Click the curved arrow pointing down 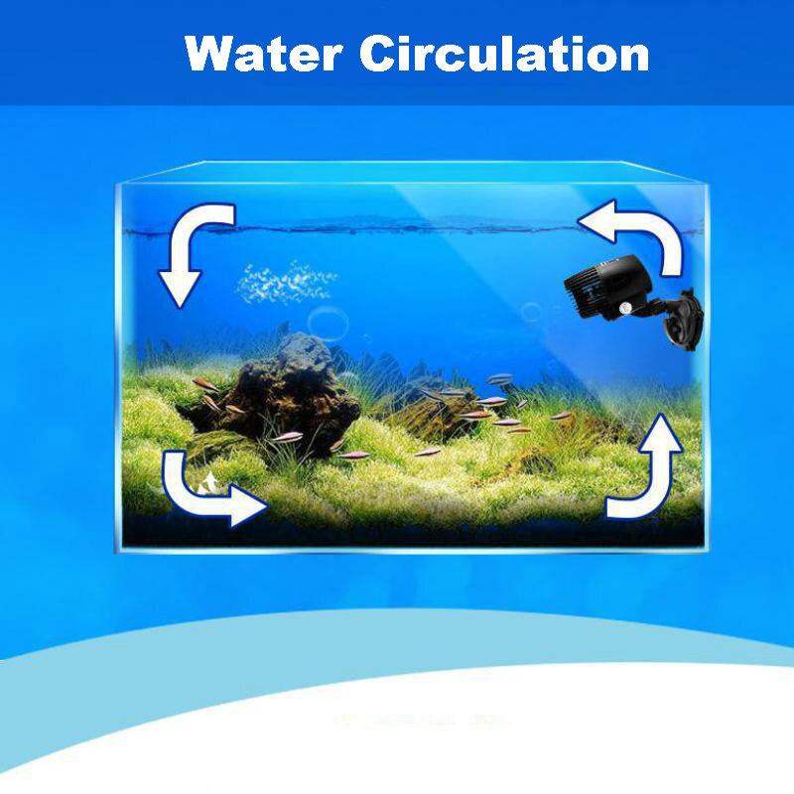coord(195,248)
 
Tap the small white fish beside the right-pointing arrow coord(209,484)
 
